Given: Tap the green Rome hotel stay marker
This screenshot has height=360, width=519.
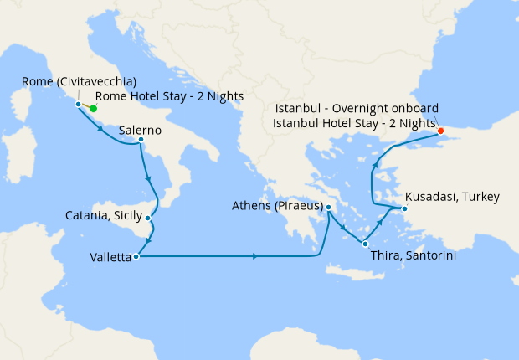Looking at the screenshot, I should click(x=94, y=108).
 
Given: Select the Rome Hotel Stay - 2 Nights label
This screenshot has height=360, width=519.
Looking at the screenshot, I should click(x=176, y=96).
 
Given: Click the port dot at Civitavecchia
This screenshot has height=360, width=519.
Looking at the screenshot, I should click(x=78, y=105).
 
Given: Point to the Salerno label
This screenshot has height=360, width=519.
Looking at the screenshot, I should click(x=141, y=131).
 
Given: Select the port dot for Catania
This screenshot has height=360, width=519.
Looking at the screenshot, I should click(x=148, y=219).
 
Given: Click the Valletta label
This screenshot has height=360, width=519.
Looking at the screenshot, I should click(x=110, y=257).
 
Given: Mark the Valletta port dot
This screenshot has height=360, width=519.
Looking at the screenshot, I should click(x=135, y=256).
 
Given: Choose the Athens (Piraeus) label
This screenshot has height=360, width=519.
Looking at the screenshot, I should click(x=278, y=206).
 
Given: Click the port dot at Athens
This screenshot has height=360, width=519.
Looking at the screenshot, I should click(x=329, y=207).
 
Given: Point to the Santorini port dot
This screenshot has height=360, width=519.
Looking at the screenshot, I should click(x=365, y=244).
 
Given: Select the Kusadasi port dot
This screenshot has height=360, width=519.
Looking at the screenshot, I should click(x=404, y=208).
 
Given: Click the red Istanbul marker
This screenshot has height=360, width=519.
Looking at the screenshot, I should click(x=441, y=131).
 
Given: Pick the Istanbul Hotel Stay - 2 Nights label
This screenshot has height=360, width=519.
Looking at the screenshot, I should click(x=353, y=124).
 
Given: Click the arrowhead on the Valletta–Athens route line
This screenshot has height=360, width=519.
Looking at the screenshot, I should click(x=254, y=256).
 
